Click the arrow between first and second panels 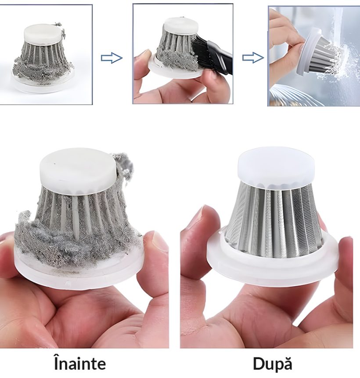point(112,58)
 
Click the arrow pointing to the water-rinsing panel point(253,58)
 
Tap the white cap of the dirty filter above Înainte point(79,171)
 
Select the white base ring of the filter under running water point(309,51)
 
